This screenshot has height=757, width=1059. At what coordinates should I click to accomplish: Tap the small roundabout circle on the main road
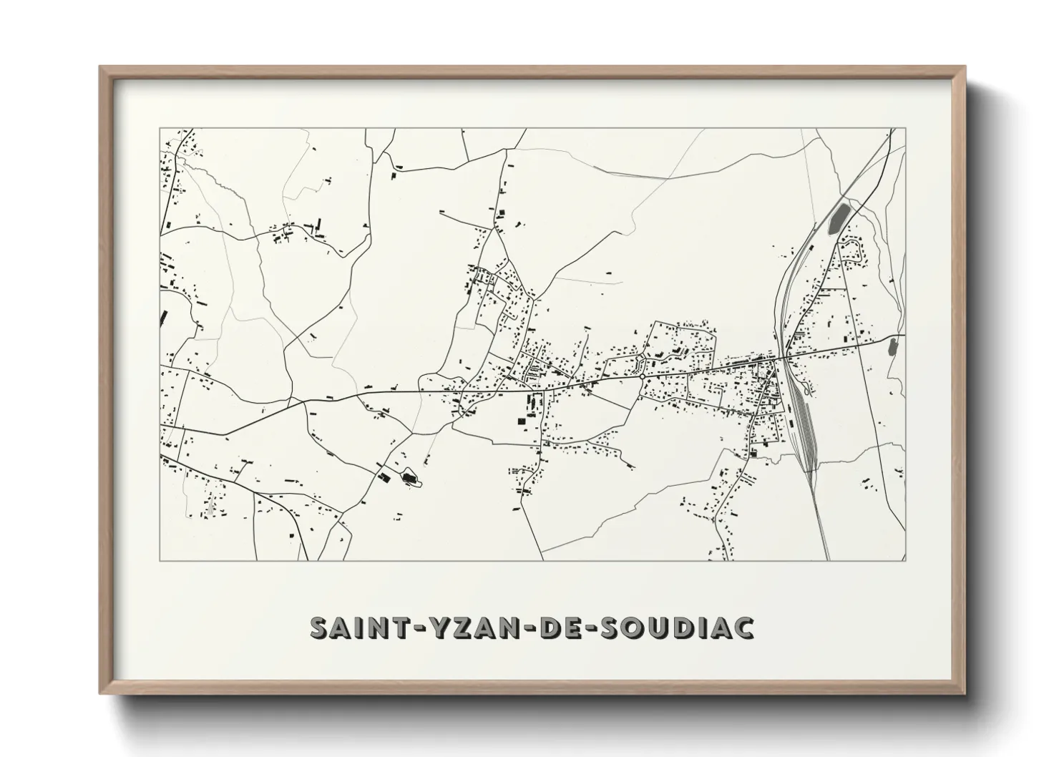[x=642, y=376]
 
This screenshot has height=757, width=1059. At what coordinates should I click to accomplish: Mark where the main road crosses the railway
[x=785, y=356]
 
